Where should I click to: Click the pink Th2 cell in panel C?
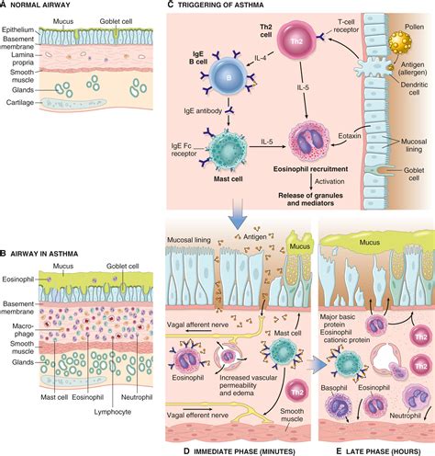click(x=296, y=40)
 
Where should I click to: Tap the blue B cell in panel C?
click(x=229, y=77)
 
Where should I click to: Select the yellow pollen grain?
click(x=400, y=42)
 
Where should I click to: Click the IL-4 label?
click(x=261, y=58)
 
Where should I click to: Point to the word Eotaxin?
click(x=350, y=135)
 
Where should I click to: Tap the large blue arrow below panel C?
click(x=238, y=214)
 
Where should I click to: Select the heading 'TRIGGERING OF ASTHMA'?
click(x=220, y=5)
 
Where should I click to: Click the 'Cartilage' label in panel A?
click(x=20, y=103)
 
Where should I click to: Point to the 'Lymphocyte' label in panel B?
click(x=113, y=412)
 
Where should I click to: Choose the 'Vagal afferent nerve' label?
click(x=197, y=325)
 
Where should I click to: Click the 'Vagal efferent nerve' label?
click(x=197, y=416)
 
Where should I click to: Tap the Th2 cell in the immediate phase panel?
click(x=297, y=393)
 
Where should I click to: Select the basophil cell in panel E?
click(x=339, y=405)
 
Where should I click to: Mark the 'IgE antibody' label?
click(x=203, y=110)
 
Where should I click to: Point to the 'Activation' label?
click(x=329, y=181)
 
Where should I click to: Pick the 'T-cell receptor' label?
click(x=346, y=26)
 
